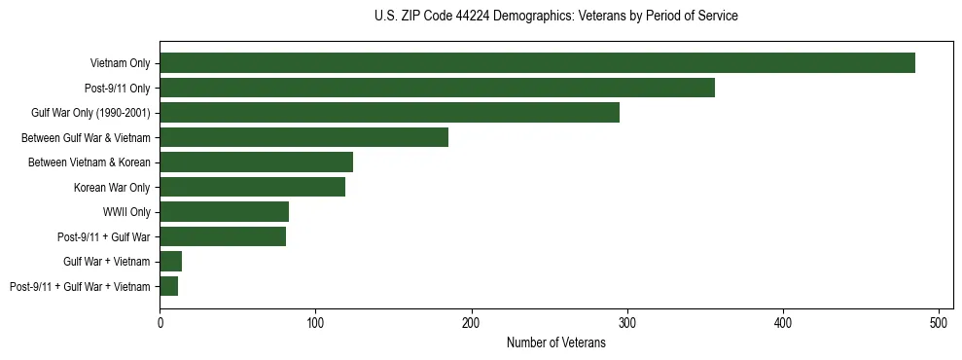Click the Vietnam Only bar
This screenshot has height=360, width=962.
[537, 63]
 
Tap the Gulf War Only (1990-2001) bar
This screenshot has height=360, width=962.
[389, 113]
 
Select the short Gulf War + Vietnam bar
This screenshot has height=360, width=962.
[170, 261]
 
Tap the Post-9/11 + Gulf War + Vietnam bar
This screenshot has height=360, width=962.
[168, 286]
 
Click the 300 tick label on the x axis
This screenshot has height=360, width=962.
[627, 322]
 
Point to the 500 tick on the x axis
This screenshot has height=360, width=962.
[939, 322]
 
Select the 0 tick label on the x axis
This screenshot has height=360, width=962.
[160, 322]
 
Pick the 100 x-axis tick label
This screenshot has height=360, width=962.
[315, 322]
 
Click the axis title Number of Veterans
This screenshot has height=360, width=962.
[556, 342]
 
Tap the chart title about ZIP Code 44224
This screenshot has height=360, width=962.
[555, 17]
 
